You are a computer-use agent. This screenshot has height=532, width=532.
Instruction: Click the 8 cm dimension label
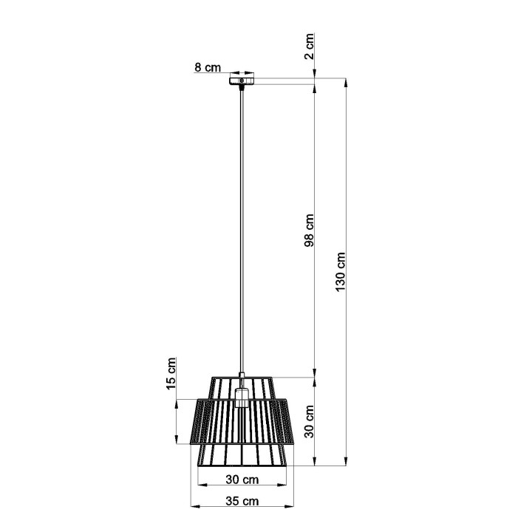click(x=208, y=68)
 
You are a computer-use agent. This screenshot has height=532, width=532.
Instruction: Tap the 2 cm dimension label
click(x=310, y=46)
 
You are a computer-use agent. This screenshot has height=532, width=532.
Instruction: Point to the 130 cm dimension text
click(x=341, y=271)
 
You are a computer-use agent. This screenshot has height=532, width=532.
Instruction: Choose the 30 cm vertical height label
click(x=310, y=422)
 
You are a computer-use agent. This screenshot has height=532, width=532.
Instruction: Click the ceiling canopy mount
click(x=241, y=78)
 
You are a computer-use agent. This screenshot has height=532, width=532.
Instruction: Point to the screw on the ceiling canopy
click(x=241, y=79)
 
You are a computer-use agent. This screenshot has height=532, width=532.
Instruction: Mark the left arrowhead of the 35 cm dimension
click(x=194, y=507)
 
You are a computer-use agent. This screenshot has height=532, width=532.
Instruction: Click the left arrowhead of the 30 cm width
click(x=200, y=485)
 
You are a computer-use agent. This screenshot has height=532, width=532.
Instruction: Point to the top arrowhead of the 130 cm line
click(x=346, y=82)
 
